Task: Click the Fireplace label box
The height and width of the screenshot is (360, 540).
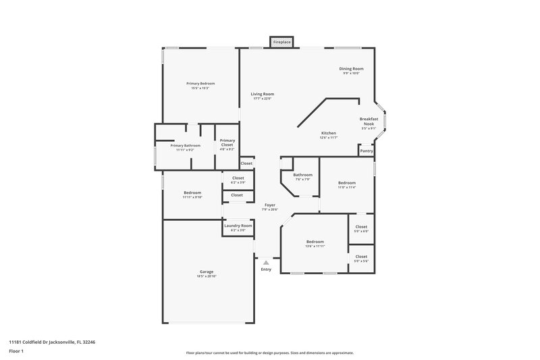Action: [281, 42]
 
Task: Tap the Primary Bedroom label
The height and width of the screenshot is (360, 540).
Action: [200, 83]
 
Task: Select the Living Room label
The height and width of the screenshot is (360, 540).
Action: [263, 94]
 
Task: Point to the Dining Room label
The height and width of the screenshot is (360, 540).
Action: [351, 69]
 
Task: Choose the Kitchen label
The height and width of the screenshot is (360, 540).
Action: [328, 133]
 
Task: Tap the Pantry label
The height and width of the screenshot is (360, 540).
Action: [367, 151]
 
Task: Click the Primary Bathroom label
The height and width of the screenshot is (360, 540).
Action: [185, 146]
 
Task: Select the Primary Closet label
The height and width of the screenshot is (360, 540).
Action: [227, 140]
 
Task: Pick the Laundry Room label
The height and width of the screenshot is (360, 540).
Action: [238, 226]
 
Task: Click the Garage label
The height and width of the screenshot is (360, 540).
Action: [206, 272]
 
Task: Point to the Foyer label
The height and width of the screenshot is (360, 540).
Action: [269, 204]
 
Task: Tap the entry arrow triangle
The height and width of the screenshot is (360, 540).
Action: [266, 262]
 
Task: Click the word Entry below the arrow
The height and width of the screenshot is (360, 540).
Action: [266, 269]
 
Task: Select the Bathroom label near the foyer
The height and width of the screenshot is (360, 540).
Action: [302, 175]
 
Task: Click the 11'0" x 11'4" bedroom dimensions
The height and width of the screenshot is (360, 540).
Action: [346, 187]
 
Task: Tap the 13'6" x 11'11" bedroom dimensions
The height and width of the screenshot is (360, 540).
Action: [315, 246]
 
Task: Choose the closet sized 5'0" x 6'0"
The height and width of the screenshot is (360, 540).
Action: [361, 231]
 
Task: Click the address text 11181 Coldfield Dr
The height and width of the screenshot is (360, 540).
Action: [42, 342]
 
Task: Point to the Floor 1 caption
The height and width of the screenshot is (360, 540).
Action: [16, 352]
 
